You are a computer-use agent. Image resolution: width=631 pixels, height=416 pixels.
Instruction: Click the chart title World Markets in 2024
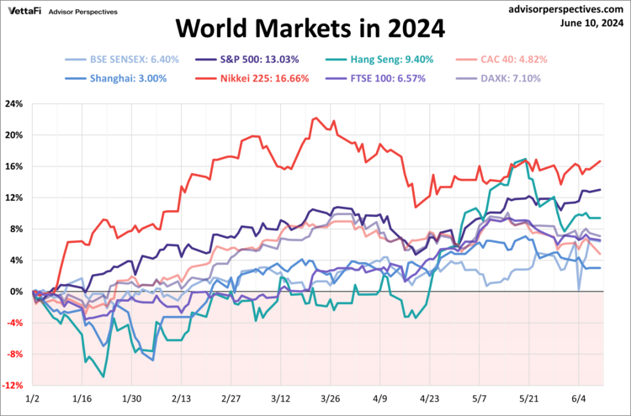pyautogui.click(x=310, y=30)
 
